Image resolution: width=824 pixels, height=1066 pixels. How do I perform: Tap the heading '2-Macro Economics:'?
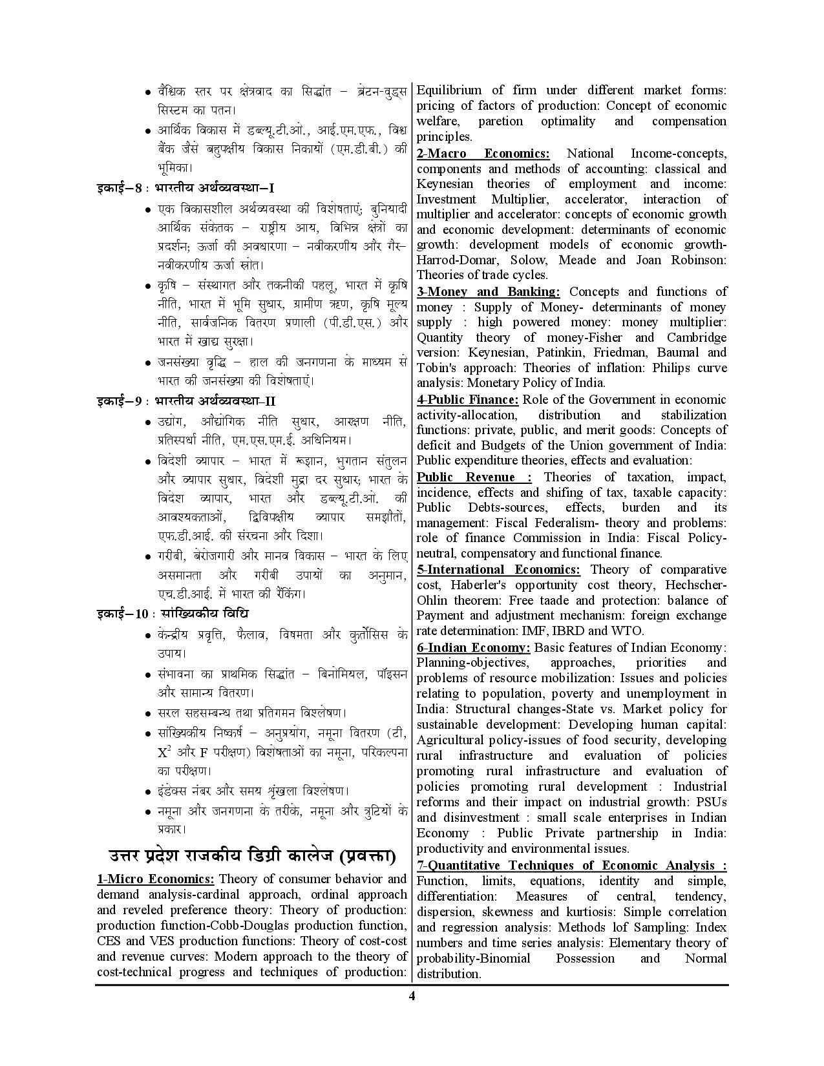(483, 153)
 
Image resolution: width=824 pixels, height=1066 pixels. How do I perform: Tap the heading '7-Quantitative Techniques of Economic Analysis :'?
(571, 865)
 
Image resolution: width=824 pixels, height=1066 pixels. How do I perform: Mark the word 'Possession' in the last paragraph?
(585, 958)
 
